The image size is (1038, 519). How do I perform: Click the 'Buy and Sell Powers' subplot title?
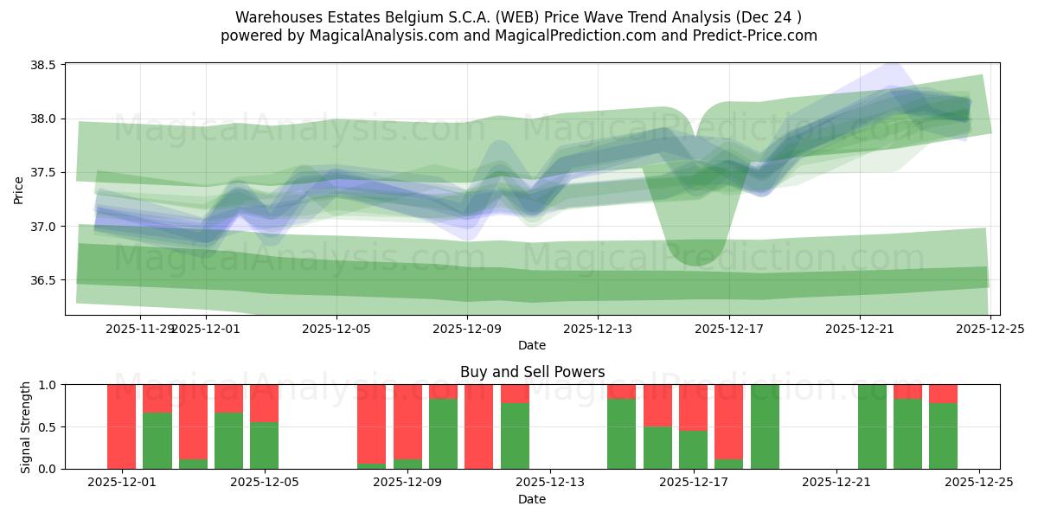tap(532, 372)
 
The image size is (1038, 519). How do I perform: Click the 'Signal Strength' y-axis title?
tap(26, 426)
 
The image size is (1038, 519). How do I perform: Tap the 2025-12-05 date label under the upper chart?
tap(336, 329)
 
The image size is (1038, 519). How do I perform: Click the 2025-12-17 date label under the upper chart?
tap(728, 329)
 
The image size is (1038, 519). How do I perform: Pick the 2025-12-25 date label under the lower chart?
tap(979, 483)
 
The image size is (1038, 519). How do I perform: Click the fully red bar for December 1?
tap(122, 426)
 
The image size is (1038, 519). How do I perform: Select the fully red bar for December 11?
tap(478, 426)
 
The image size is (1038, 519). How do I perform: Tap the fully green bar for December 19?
tap(765, 426)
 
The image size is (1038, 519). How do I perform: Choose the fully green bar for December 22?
tap(872, 426)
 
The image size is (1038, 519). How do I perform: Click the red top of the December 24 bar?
tap(943, 394)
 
